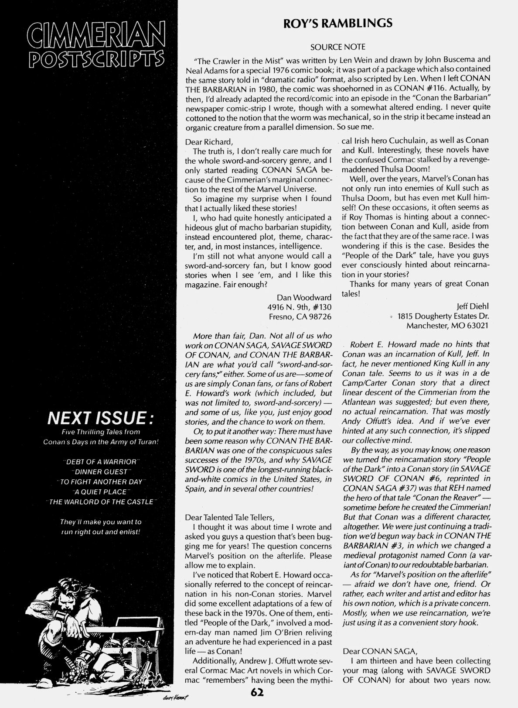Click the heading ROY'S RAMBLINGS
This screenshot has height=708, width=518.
point(338,23)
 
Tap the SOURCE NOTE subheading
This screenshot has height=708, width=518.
point(338,46)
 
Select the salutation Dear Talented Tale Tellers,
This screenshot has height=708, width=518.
point(230,517)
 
